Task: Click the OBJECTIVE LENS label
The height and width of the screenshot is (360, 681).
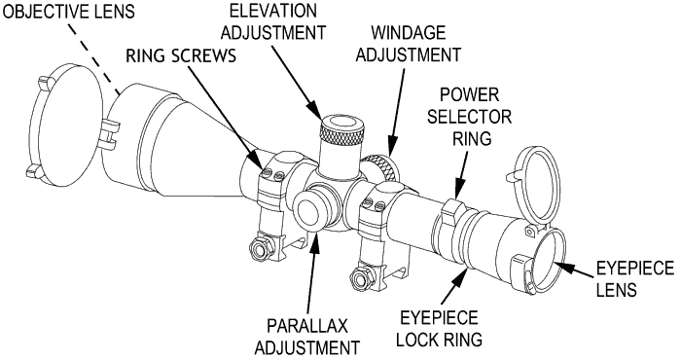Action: tap(69, 11)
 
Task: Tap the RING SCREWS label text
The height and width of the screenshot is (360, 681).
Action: tap(181, 55)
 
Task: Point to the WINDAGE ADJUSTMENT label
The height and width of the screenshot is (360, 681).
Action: tap(409, 44)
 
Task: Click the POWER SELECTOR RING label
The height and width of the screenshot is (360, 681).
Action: tap(470, 117)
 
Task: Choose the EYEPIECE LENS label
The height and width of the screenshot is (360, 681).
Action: tap(635, 279)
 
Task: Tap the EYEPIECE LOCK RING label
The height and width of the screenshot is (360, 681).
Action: tap(439, 328)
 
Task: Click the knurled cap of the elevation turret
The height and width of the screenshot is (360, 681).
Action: tap(341, 130)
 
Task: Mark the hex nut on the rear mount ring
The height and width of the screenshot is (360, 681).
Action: tap(361, 277)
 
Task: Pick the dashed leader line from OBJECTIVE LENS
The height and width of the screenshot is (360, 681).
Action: tap(93, 57)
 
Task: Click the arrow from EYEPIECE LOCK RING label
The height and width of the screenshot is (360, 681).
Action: tap(456, 287)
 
